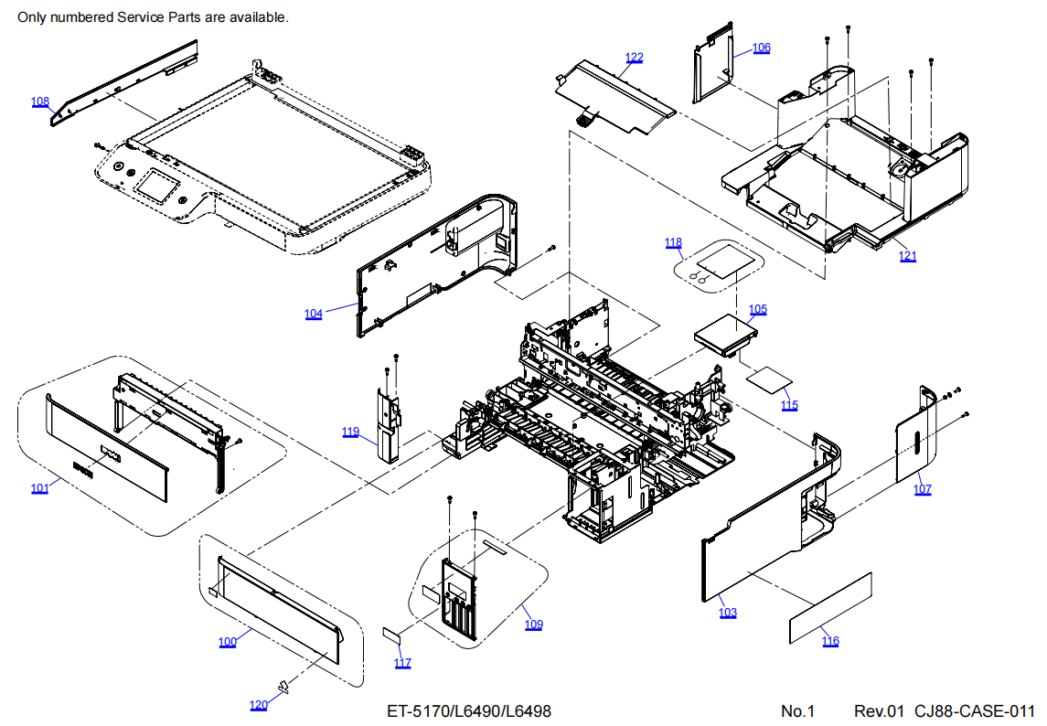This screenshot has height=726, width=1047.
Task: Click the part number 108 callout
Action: [x=40, y=102]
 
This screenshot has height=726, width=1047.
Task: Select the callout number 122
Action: [x=634, y=58]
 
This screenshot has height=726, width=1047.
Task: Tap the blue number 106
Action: [x=762, y=48]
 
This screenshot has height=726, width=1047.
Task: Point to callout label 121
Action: [x=907, y=256]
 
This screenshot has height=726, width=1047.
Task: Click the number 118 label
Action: [x=673, y=243]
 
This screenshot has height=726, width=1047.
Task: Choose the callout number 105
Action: [x=758, y=309]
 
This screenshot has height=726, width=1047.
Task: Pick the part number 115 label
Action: [x=789, y=405]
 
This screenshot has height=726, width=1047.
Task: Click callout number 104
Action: [x=314, y=314]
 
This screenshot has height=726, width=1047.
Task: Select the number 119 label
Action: [x=351, y=432]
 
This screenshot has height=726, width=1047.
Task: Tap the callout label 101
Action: [x=39, y=488]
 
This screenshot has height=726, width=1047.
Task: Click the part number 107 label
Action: [x=922, y=489]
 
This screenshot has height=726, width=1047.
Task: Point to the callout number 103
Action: [x=727, y=613]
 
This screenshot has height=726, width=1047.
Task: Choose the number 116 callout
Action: [x=829, y=641]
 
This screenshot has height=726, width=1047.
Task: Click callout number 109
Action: [x=533, y=625]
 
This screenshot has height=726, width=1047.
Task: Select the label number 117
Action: [x=402, y=663]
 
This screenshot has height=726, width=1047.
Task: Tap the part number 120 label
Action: [x=259, y=705]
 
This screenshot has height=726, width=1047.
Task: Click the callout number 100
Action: [x=228, y=642]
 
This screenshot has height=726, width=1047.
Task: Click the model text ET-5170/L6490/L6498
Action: [x=468, y=711]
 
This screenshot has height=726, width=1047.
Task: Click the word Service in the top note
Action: [x=145, y=17]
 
